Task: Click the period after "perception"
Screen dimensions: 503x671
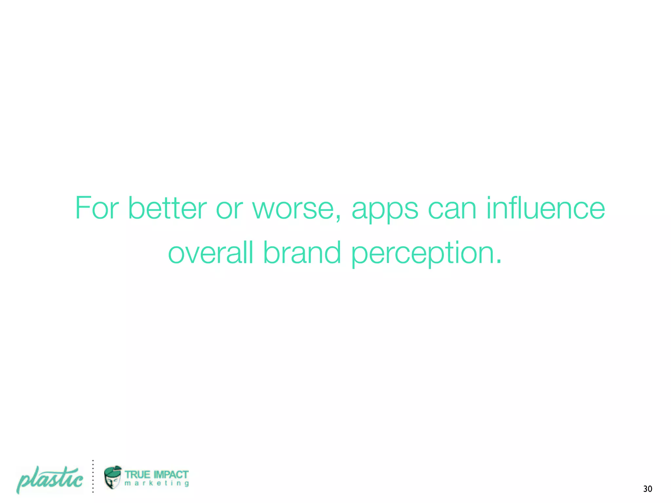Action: point(498,262)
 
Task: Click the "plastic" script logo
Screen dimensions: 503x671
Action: point(50,479)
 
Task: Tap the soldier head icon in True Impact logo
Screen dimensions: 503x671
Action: point(112,477)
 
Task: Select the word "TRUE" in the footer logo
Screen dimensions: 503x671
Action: point(137,475)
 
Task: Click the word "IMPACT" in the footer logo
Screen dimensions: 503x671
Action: point(171,475)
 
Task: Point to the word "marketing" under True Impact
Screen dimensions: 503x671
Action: point(157,483)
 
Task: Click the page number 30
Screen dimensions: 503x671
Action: point(647,489)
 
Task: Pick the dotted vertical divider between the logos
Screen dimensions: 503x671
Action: point(93,476)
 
